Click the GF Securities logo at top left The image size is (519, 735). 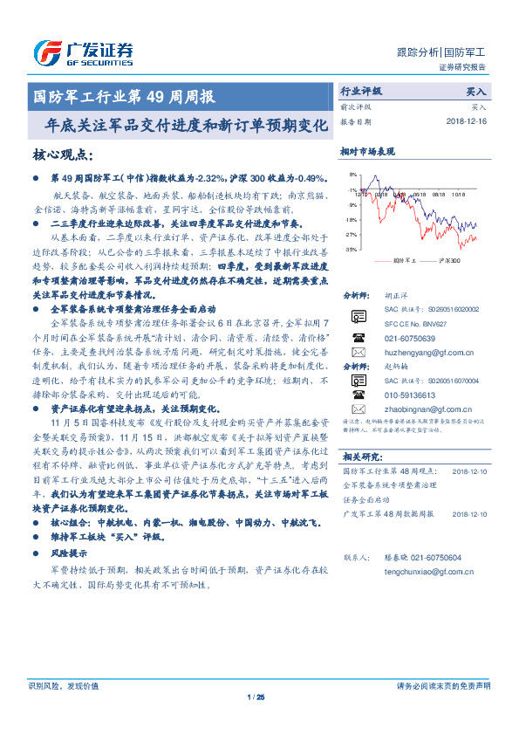pos(83,53)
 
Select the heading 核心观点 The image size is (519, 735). pos(61,155)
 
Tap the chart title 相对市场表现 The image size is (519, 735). pos(368,151)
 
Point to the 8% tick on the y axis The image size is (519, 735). pos(351,175)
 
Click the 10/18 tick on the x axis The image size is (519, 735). pos(459,196)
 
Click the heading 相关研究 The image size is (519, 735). pos(361,456)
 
